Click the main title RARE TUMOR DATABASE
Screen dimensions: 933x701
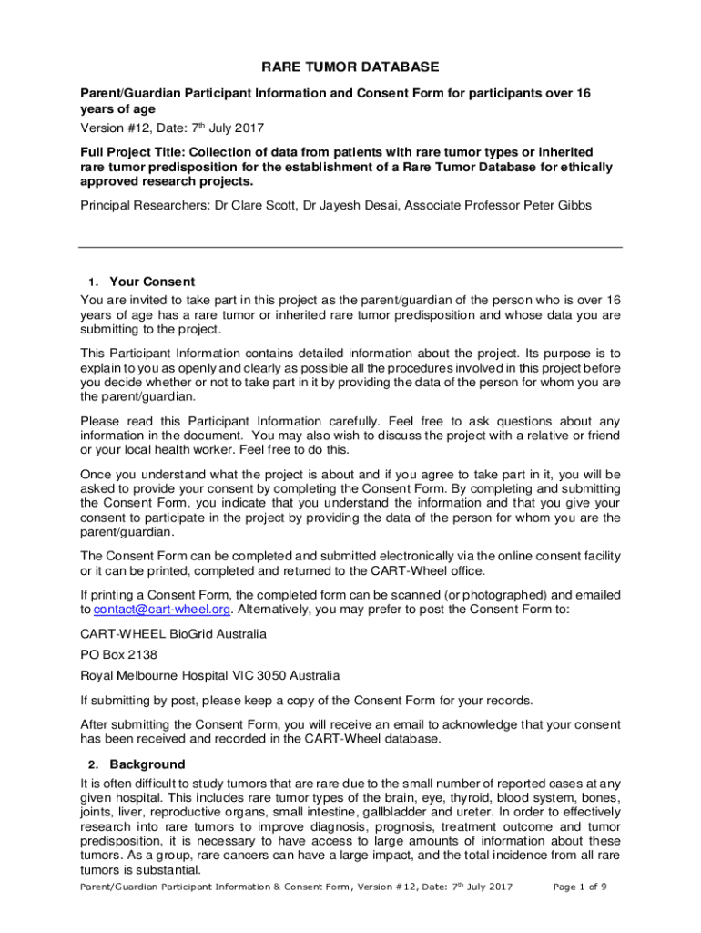click(350, 67)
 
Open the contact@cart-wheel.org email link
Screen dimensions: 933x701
click(152, 610)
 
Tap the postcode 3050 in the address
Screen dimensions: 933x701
click(250, 675)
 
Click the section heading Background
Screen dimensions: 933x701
click(147, 764)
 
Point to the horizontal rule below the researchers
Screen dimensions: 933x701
click(350, 248)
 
